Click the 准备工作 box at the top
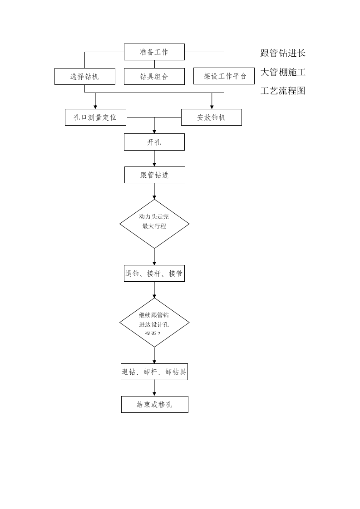(154, 52)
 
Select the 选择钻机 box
(84, 76)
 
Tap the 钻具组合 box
(154, 76)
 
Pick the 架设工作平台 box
(224, 76)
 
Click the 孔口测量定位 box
(95, 117)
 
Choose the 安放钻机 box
(212, 117)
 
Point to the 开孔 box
(154, 142)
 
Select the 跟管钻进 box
(155, 175)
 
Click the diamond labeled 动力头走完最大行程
(154, 224)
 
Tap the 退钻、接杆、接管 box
(154, 273)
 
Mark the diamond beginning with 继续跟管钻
(154, 323)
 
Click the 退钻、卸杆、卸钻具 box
(154, 372)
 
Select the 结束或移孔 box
(155, 404)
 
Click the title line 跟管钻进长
(283, 53)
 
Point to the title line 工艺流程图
(283, 90)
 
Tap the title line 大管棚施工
(283, 72)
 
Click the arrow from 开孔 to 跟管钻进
(154, 158)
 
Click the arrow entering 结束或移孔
(154, 388)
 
